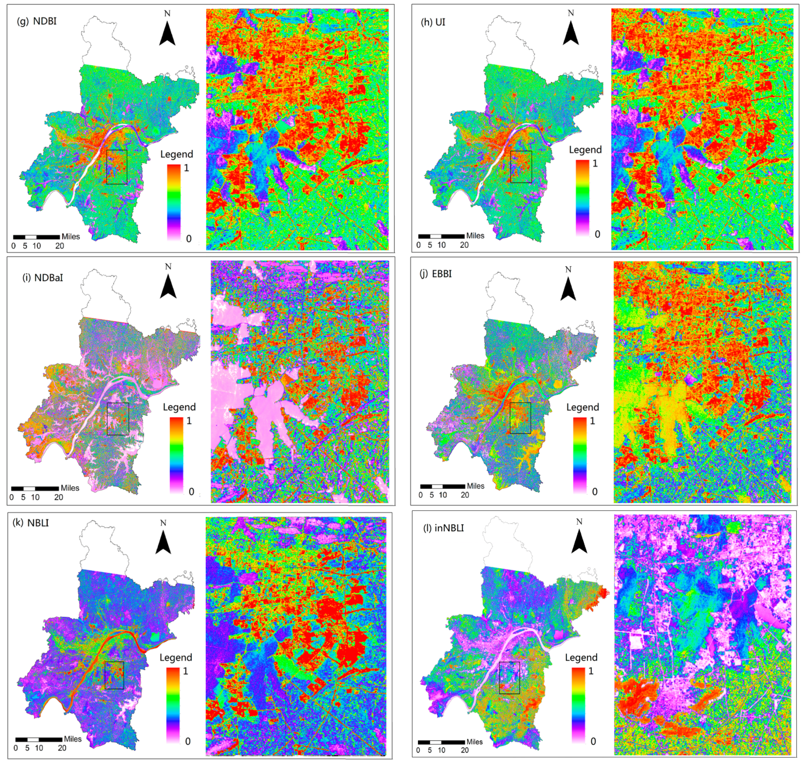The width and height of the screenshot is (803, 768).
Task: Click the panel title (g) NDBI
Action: click(x=37, y=21)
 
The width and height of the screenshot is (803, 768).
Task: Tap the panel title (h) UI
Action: click(x=433, y=22)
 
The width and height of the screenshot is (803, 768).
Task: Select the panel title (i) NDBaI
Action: click(x=43, y=277)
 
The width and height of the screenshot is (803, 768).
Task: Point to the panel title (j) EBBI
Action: click(x=436, y=274)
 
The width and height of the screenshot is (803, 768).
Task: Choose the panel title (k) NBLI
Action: click(x=31, y=523)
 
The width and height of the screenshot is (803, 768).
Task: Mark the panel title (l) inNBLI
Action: click(x=443, y=528)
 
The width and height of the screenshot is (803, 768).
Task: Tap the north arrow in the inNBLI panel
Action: click(x=579, y=540)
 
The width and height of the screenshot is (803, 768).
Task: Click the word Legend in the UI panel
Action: click(x=585, y=150)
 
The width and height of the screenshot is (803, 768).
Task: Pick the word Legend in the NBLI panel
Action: click(x=175, y=658)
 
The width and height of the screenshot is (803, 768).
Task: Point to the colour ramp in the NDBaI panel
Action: click(x=177, y=455)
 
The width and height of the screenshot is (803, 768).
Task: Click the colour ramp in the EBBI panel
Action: click(x=580, y=455)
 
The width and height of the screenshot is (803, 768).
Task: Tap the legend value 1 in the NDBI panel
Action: click(x=186, y=168)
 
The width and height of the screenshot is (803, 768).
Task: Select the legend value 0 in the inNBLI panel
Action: click(x=593, y=741)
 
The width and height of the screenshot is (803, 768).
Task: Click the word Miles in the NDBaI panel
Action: click(x=70, y=488)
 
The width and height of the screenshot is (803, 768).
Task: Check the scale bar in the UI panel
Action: click(x=441, y=236)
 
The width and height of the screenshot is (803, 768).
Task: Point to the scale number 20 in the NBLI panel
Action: click(x=62, y=748)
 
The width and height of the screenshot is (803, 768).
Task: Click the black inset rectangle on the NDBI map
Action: click(x=116, y=167)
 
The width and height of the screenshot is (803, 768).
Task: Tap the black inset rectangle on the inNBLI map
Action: click(x=510, y=677)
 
